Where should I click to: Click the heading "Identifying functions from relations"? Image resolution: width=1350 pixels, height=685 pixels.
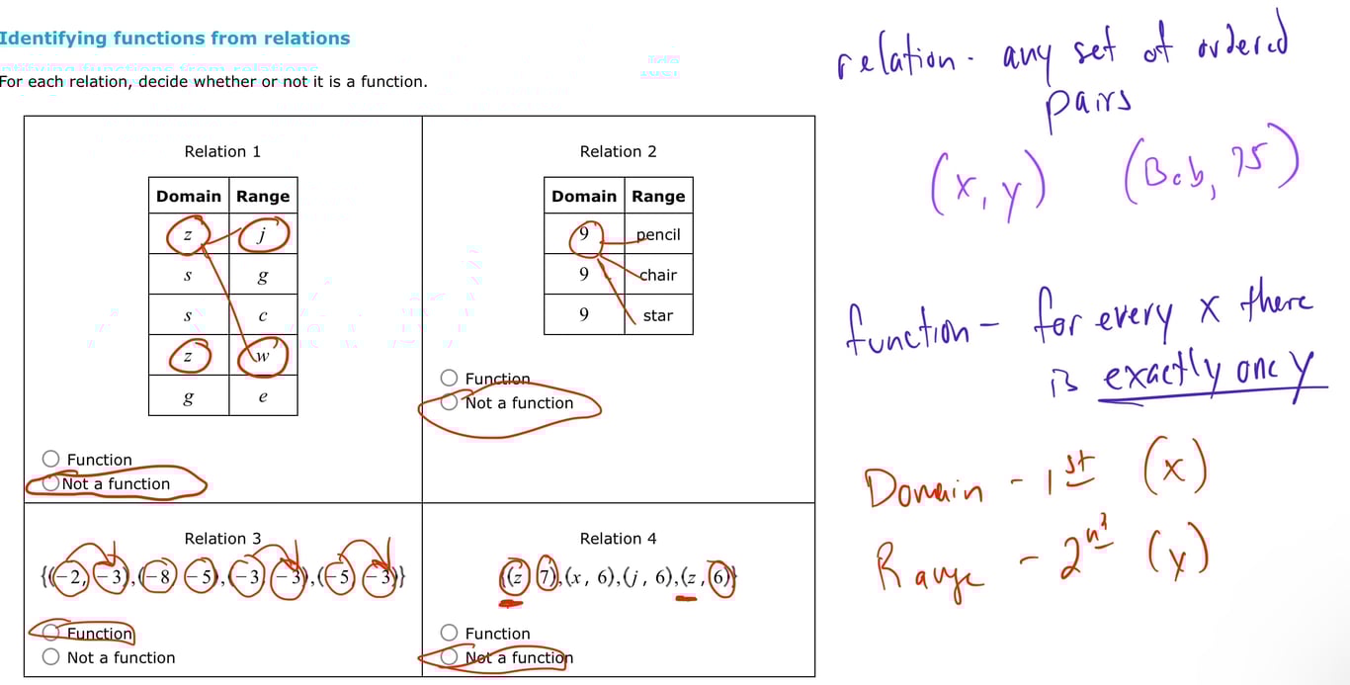click(x=175, y=39)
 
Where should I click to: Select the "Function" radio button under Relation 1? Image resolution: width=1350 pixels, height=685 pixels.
click(x=51, y=459)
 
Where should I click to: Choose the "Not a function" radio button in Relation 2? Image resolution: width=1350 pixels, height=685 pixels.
click(x=450, y=402)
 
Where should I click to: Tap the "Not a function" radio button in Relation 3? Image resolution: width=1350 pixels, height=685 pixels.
click(x=51, y=657)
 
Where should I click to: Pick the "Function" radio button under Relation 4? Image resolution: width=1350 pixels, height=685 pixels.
click(x=450, y=633)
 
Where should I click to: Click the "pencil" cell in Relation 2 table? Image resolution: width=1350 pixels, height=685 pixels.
click(x=658, y=235)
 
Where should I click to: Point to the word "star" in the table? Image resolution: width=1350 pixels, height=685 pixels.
click(x=658, y=315)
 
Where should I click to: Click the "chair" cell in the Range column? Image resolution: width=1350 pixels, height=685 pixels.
click(x=658, y=275)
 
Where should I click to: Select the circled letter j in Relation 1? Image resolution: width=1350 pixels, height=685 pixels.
click(x=263, y=235)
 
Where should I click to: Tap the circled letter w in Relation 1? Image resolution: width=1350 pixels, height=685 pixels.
click(x=263, y=357)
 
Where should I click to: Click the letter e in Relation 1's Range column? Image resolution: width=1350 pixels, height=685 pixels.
click(x=263, y=397)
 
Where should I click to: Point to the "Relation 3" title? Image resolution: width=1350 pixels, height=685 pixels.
click(x=222, y=539)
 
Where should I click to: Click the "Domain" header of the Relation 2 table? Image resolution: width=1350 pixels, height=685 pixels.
click(x=584, y=196)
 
